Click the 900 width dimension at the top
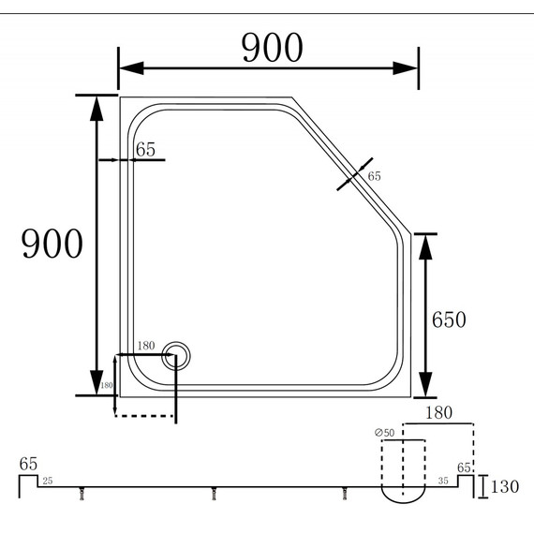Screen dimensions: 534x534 tap(273, 47)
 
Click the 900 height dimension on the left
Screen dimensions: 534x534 tap(52, 245)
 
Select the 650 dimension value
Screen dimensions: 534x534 tap(449, 319)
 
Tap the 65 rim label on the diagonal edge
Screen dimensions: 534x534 tap(375, 176)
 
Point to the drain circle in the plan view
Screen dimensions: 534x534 tap(176, 355)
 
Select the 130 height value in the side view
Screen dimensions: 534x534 tap(504, 487)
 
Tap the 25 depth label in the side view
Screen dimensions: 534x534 tap(48, 481)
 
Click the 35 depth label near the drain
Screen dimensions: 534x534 tap(443, 481)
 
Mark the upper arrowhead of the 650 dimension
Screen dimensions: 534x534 tap(426, 245)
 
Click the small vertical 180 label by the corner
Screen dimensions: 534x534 tap(106, 385)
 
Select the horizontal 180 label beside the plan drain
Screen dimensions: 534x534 tap(146, 347)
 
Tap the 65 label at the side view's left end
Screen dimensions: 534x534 tap(28, 464)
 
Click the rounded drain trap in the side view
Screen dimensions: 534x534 tap(404, 490)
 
